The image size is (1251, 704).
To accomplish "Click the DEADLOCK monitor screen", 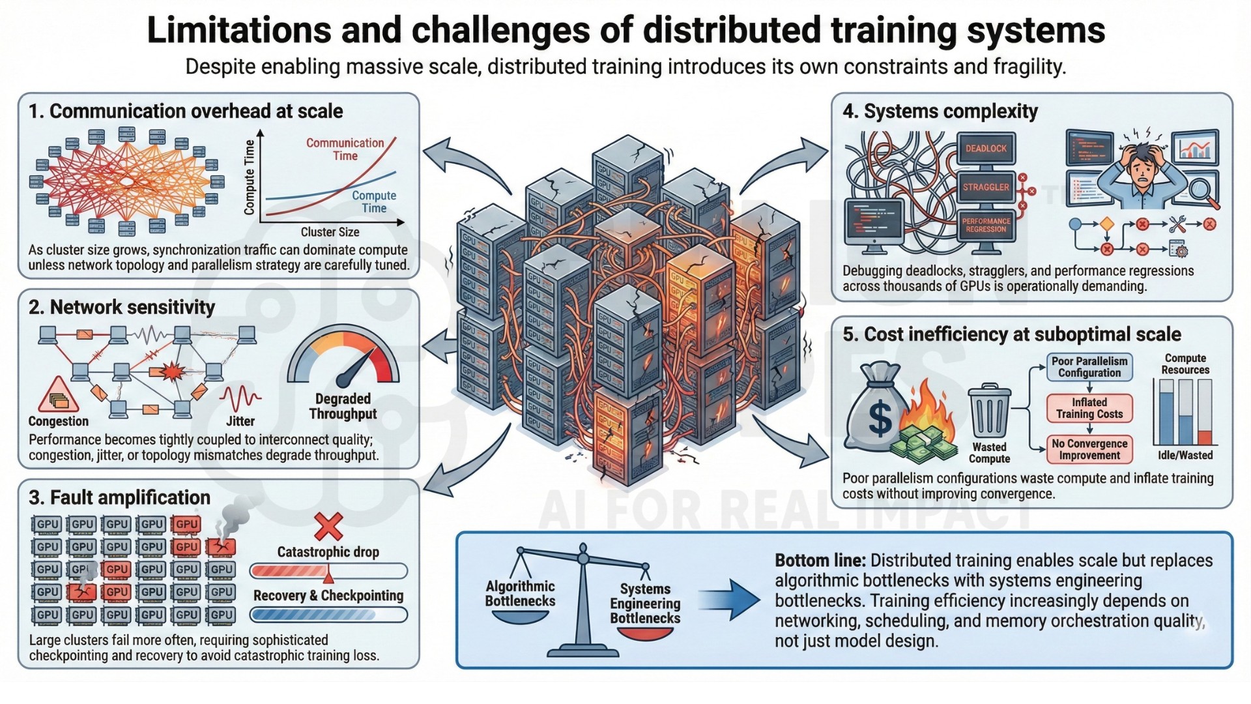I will coord(986,149).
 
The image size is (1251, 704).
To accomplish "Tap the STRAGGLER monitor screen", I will coord(986,187).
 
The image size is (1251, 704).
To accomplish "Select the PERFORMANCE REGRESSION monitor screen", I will coord(986,225).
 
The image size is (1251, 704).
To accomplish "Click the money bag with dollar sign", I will coord(876,409).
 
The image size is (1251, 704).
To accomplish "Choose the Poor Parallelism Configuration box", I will coord(1089,367).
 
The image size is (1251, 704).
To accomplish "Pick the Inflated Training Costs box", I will coord(1089,408).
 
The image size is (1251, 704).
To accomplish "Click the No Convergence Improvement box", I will coord(1089,449).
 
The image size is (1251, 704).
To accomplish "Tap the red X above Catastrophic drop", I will coord(328,527).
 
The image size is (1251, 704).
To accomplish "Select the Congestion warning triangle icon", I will coord(58,395).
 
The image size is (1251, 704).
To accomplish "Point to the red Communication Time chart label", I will coord(345,149).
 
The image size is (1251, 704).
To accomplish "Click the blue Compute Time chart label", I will coord(374,201).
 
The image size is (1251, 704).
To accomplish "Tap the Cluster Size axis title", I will coord(330,232).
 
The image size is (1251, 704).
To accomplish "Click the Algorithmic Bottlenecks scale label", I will coord(520,594).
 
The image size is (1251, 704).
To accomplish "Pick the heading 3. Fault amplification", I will coord(119,497).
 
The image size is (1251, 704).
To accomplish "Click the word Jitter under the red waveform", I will coord(240,422).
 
